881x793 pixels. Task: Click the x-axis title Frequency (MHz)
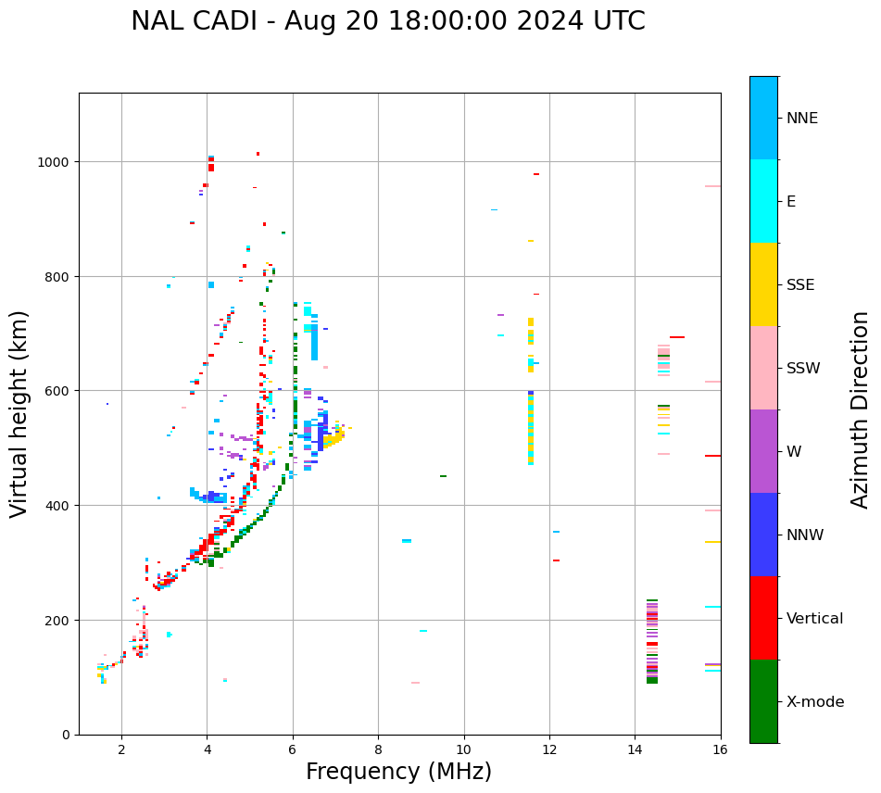pyautogui.click(x=398, y=772)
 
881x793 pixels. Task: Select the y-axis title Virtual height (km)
pyautogui.click(x=19, y=413)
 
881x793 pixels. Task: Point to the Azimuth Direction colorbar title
pyautogui.click(x=861, y=409)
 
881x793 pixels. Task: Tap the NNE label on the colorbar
pyautogui.click(x=802, y=118)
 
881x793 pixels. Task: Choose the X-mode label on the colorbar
pyautogui.click(x=815, y=702)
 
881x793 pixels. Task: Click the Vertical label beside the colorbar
pyautogui.click(x=815, y=619)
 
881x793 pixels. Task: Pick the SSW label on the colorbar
pyautogui.click(x=803, y=369)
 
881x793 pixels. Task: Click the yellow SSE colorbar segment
pyautogui.click(x=763, y=284)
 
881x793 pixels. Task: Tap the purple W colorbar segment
pyautogui.click(x=763, y=451)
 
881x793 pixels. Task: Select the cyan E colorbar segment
pyautogui.click(x=763, y=201)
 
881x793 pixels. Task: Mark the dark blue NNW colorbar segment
pyautogui.click(x=763, y=535)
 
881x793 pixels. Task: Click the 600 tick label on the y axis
pyautogui.click(x=59, y=391)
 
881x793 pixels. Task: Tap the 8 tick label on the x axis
pyautogui.click(x=378, y=749)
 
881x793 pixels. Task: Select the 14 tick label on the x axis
pyautogui.click(x=635, y=749)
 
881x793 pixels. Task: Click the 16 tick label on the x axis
pyautogui.click(x=720, y=749)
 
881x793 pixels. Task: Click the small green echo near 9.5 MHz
pyautogui.click(x=443, y=476)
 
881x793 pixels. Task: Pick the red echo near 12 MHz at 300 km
pyautogui.click(x=556, y=560)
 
